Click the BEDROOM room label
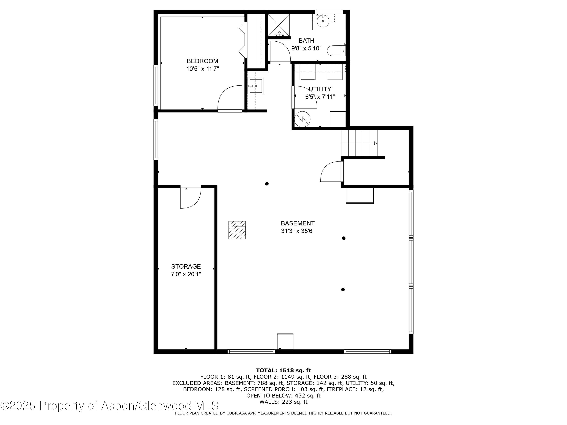(202, 61)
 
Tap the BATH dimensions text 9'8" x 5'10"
(306, 48)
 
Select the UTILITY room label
(320, 89)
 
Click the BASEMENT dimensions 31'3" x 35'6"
(298, 231)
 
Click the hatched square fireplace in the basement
(237, 230)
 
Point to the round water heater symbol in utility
(302, 119)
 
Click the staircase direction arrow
(376, 143)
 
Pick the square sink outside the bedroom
(255, 86)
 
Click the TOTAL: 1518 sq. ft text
(283, 370)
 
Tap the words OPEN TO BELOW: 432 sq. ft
(283, 395)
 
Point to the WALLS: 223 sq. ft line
(283, 402)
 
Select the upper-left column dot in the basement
(267, 184)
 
